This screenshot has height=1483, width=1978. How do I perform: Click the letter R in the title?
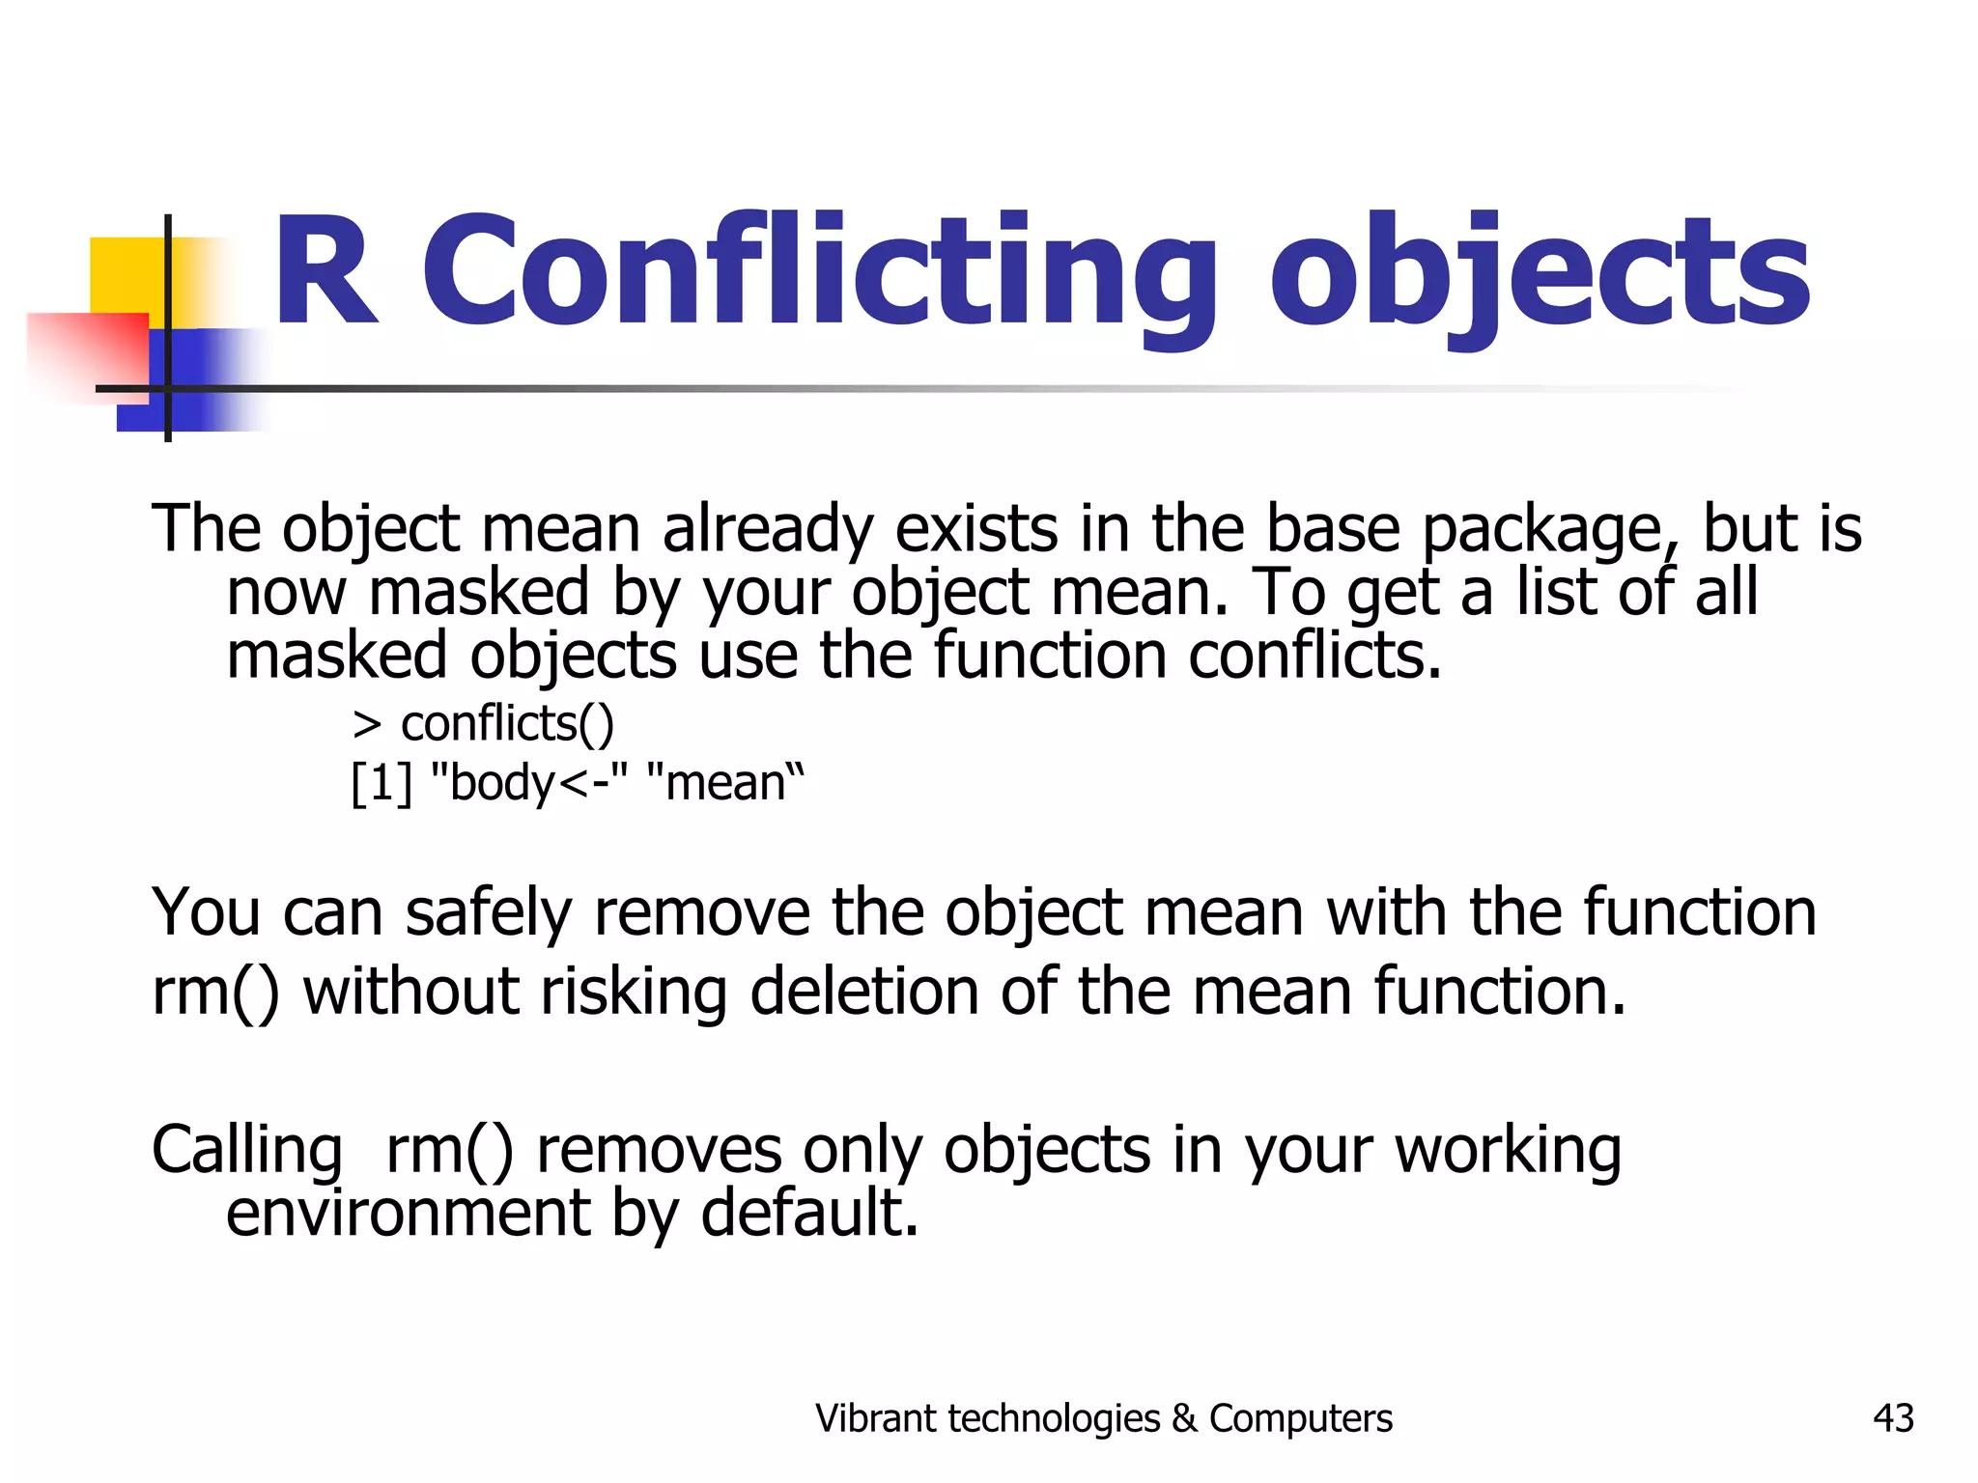(324, 272)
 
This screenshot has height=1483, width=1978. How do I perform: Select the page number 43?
(1892, 1418)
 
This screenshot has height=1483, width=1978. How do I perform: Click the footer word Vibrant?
(875, 1418)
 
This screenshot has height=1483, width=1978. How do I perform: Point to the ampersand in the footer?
(1184, 1418)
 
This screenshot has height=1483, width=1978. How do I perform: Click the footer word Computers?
(1300, 1418)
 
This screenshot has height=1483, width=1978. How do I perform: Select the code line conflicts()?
(506, 724)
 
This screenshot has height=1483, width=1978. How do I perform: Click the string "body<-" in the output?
(528, 783)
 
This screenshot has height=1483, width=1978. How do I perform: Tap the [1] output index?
(381, 783)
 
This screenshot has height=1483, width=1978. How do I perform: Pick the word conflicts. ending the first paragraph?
(1314, 656)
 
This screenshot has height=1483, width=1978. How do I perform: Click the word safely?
(488, 912)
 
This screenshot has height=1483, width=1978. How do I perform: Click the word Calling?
(247, 1151)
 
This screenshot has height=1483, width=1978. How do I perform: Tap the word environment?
(407, 1213)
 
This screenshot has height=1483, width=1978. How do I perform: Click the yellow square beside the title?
(126, 275)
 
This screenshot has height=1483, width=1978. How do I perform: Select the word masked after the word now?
(478, 593)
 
